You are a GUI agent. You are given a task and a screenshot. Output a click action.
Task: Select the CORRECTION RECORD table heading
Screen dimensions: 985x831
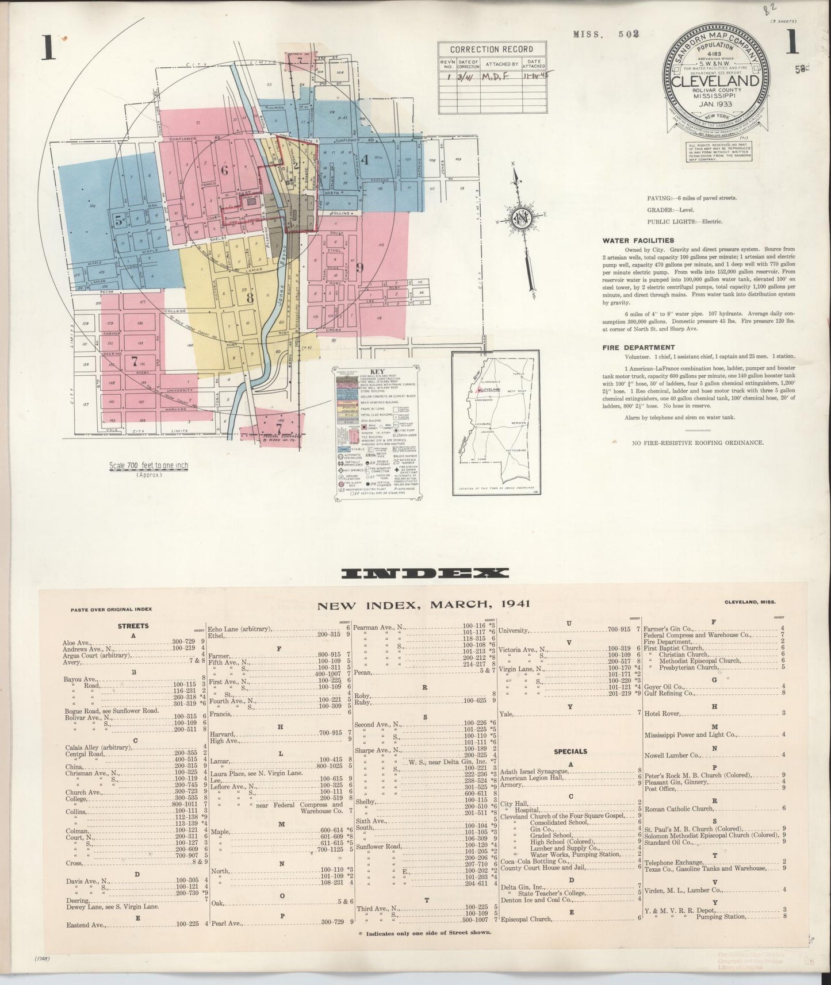point(491,49)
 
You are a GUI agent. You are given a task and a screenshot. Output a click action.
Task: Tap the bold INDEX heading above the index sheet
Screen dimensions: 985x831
point(425,573)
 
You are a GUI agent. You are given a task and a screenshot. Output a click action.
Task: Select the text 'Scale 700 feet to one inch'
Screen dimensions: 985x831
point(148,465)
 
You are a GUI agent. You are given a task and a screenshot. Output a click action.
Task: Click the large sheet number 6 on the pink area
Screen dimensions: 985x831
point(224,170)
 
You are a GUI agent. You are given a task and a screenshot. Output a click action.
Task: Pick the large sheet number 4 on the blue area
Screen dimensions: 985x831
point(364,160)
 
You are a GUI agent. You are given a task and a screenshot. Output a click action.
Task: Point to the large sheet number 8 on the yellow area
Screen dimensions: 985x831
point(249,298)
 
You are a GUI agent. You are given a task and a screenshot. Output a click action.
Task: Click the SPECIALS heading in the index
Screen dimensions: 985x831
point(570,751)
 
